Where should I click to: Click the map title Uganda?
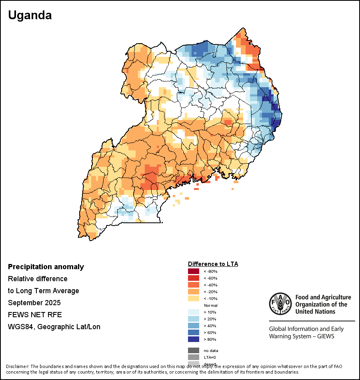[30, 15]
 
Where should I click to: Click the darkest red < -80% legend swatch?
[193, 272]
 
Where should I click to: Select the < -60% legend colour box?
[193, 278]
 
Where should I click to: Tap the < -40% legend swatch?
[193, 285]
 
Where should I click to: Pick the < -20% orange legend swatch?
[193, 292]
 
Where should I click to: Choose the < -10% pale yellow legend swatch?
[193, 299]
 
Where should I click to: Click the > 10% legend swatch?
[193, 312]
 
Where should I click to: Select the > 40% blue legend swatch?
[193, 326]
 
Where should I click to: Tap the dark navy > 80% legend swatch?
[193, 340]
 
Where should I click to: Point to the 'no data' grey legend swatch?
[193, 350]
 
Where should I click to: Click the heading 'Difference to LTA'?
[213, 264]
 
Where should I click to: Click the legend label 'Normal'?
[210, 306]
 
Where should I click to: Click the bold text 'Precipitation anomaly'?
[46, 267]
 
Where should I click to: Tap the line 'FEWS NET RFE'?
[35, 315]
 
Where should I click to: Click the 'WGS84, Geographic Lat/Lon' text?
[54, 327]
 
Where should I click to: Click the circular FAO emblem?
[280, 304]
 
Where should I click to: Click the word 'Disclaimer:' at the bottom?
[18, 366]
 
